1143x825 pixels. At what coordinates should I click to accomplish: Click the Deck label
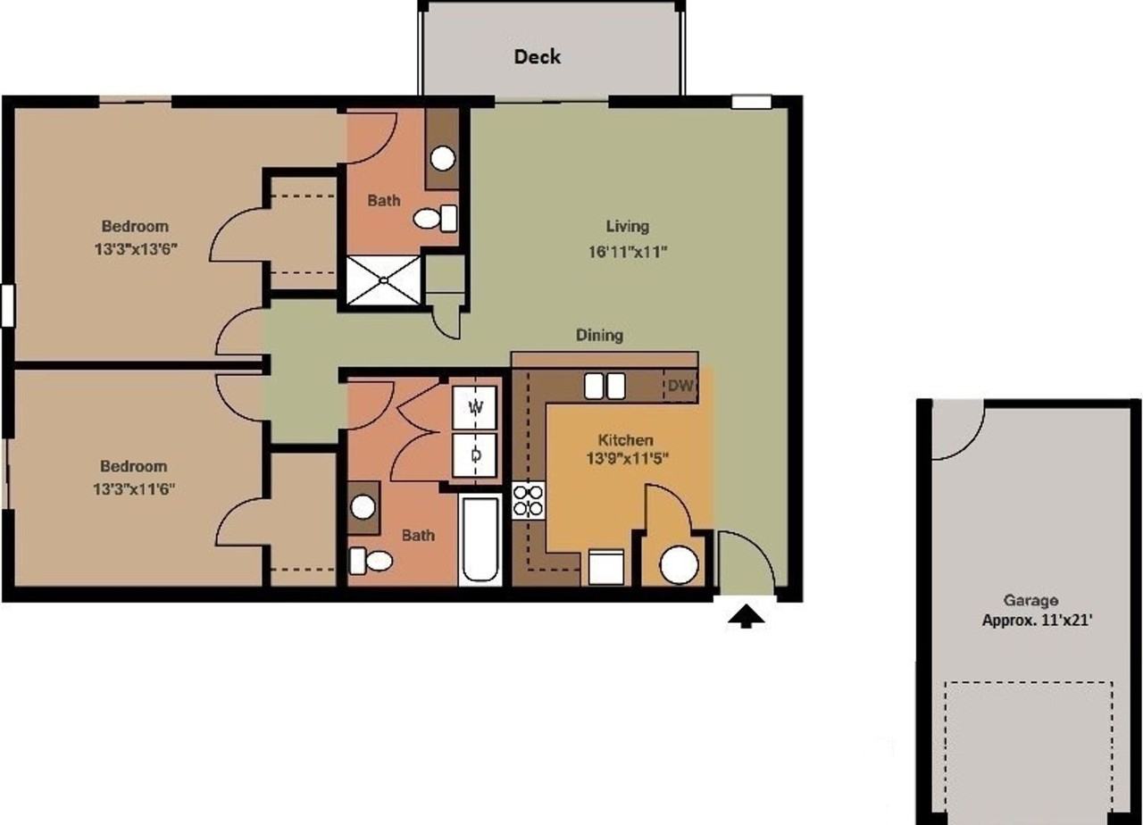pos(537,57)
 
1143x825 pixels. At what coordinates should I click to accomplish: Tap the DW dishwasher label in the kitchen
pos(680,387)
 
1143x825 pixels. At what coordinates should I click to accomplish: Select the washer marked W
pos(476,408)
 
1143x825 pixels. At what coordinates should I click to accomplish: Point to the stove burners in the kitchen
pos(529,501)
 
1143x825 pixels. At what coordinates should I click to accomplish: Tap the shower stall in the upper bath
pos(382,280)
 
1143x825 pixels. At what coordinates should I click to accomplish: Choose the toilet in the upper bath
pos(434,219)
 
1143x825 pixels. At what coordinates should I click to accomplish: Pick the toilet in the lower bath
pos(371,561)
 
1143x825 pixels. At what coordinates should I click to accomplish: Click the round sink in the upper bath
pos(443,158)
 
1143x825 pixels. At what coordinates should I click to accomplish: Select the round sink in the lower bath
pos(363,507)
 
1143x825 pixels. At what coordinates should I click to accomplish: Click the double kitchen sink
pos(605,386)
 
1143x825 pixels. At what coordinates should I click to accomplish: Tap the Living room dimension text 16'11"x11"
pos(628,252)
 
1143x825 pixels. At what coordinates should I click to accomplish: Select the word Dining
pos(599,336)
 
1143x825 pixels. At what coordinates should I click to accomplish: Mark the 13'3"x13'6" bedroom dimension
pos(134,250)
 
